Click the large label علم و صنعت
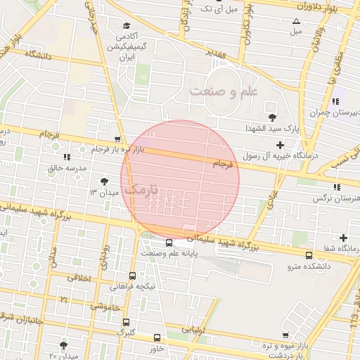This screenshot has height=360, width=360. coord(224,91)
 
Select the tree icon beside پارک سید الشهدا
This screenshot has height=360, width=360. coord(272,117)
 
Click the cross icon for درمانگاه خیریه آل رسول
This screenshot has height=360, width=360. coord(280,144)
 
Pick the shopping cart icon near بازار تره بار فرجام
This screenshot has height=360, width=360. coord(117,139)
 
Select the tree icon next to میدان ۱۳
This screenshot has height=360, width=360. coord(105,181)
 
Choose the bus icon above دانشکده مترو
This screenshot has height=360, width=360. coord(309,255)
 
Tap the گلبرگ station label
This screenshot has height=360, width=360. coord(125,330)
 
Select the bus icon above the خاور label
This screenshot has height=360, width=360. coord(157,337)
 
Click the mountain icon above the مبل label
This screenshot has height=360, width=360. coord(296,21)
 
